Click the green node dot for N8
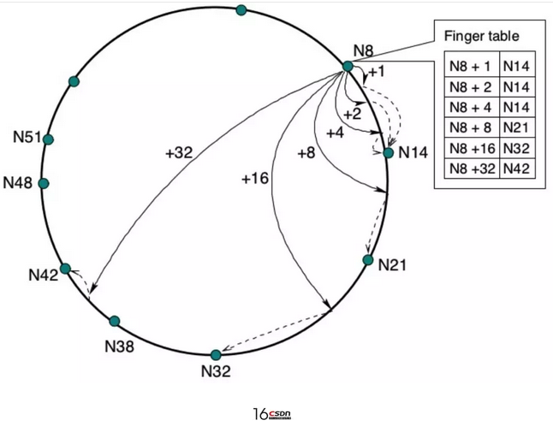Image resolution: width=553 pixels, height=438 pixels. click(x=348, y=66)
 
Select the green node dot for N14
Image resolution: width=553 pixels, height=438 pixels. click(x=388, y=153)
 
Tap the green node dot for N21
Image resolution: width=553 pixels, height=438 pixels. click(x=368, y=260)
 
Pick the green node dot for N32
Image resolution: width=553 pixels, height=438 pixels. click(x=216, y=354)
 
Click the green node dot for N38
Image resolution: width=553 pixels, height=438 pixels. click(x=115, y=321)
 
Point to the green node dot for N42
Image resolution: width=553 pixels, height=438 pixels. click(x=65, y=269)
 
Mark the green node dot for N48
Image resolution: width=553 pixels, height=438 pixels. click(x=44, y=183)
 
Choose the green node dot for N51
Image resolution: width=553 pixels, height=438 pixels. click(x=48, y=139)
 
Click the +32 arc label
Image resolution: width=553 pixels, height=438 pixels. click(x=179, y=153)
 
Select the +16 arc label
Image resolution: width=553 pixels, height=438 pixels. click(x=255, y=178)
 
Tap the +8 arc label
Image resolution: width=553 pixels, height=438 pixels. click(x=306, y=153)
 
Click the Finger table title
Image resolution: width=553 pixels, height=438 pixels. click(x=481, y=36)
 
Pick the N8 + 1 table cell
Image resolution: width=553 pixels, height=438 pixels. click(x=472, y=67)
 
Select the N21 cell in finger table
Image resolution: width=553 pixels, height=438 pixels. click(x=517, y=127)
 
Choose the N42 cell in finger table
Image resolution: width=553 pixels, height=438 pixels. click(x=517, y=169)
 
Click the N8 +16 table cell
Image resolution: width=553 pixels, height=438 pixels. click(x=472, y=148)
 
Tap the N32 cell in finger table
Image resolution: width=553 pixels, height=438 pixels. click(x=517, y=148)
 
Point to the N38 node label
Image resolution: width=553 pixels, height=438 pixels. click(x=119, y=346)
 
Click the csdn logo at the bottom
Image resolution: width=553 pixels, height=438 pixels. click(x=280, y=414)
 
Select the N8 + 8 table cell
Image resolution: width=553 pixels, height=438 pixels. click(x=472, y=127)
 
